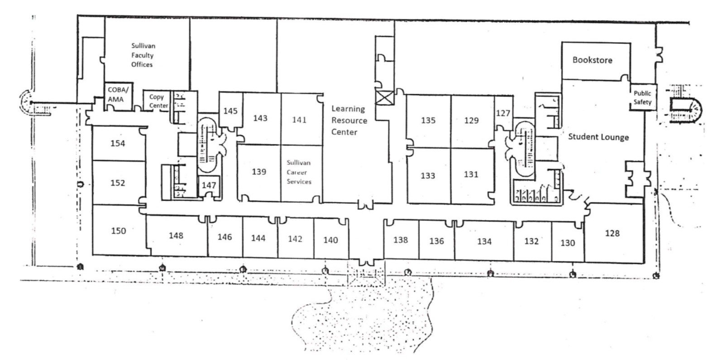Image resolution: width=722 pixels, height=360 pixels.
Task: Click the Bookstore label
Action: [592, 60]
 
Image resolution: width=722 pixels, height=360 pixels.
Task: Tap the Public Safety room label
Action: [642, 98]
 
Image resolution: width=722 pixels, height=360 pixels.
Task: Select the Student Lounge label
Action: [598, 136]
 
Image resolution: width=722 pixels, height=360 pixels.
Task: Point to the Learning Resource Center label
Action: [349, 120]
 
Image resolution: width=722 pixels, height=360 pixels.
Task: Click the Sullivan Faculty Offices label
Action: [143, 55]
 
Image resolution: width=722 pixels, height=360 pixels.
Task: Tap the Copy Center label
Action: [158, 101]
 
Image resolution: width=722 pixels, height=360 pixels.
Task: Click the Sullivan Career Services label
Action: [299, 172]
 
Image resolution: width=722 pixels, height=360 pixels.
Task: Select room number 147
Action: [209, 185]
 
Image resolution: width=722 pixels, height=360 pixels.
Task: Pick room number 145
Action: [230, 111]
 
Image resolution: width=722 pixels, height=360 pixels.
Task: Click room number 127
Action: [503, 113]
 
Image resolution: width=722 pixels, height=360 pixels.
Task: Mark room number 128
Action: [612, 233]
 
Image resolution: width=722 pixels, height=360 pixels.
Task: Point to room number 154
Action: [118, 144]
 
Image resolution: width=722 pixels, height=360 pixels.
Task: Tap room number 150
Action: [118, 231]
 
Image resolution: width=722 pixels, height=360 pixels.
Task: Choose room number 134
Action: [484, 241]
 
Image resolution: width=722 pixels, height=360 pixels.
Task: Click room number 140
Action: [330, 240]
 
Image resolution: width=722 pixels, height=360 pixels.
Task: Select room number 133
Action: [428, 176]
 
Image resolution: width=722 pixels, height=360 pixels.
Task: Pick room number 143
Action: [260, 118]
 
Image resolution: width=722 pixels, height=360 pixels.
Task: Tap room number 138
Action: [401, 240]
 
